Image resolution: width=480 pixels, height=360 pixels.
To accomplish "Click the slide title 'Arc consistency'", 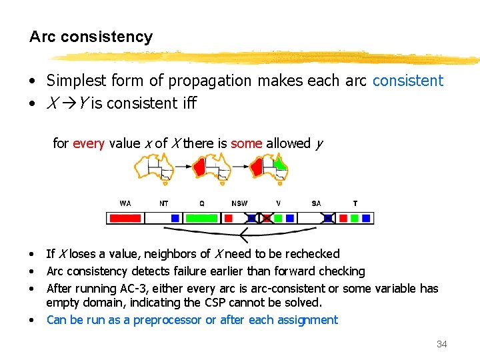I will (x=91, y=37).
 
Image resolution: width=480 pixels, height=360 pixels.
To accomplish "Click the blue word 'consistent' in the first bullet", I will (x=407, y=81).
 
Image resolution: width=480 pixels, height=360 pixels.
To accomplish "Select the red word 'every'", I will (x=88, y=143).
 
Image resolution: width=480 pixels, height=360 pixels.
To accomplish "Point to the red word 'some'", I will (x=246, y=143).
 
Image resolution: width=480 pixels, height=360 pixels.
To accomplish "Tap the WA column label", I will (x=125, y=203).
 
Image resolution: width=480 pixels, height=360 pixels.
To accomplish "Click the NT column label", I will (x=164, y=203).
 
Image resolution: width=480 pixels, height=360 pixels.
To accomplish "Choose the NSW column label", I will (x=239, y=203).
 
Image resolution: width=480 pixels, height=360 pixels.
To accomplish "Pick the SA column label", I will (x=316, y=203).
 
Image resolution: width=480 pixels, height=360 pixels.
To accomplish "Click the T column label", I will (x=355, y=203).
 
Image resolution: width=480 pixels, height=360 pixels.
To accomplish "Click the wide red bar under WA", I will (x=125, y=218).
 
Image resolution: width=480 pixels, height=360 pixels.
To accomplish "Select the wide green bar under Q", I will (x=201, y=218).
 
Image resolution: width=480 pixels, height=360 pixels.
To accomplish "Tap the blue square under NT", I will (x=175, y=218).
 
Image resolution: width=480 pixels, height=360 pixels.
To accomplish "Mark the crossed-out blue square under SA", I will (x=328, y=218).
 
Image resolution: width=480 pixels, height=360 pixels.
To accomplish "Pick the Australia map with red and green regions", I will (x=269, y=167).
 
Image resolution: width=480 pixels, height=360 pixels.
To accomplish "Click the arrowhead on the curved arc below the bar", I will (x=243, y=235).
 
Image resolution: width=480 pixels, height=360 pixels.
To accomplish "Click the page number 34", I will (x=441, y=344).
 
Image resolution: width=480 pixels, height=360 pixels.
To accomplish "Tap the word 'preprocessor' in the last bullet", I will (x=167, y=320).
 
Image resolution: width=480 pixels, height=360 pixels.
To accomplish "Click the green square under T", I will (x=355, y=218).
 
